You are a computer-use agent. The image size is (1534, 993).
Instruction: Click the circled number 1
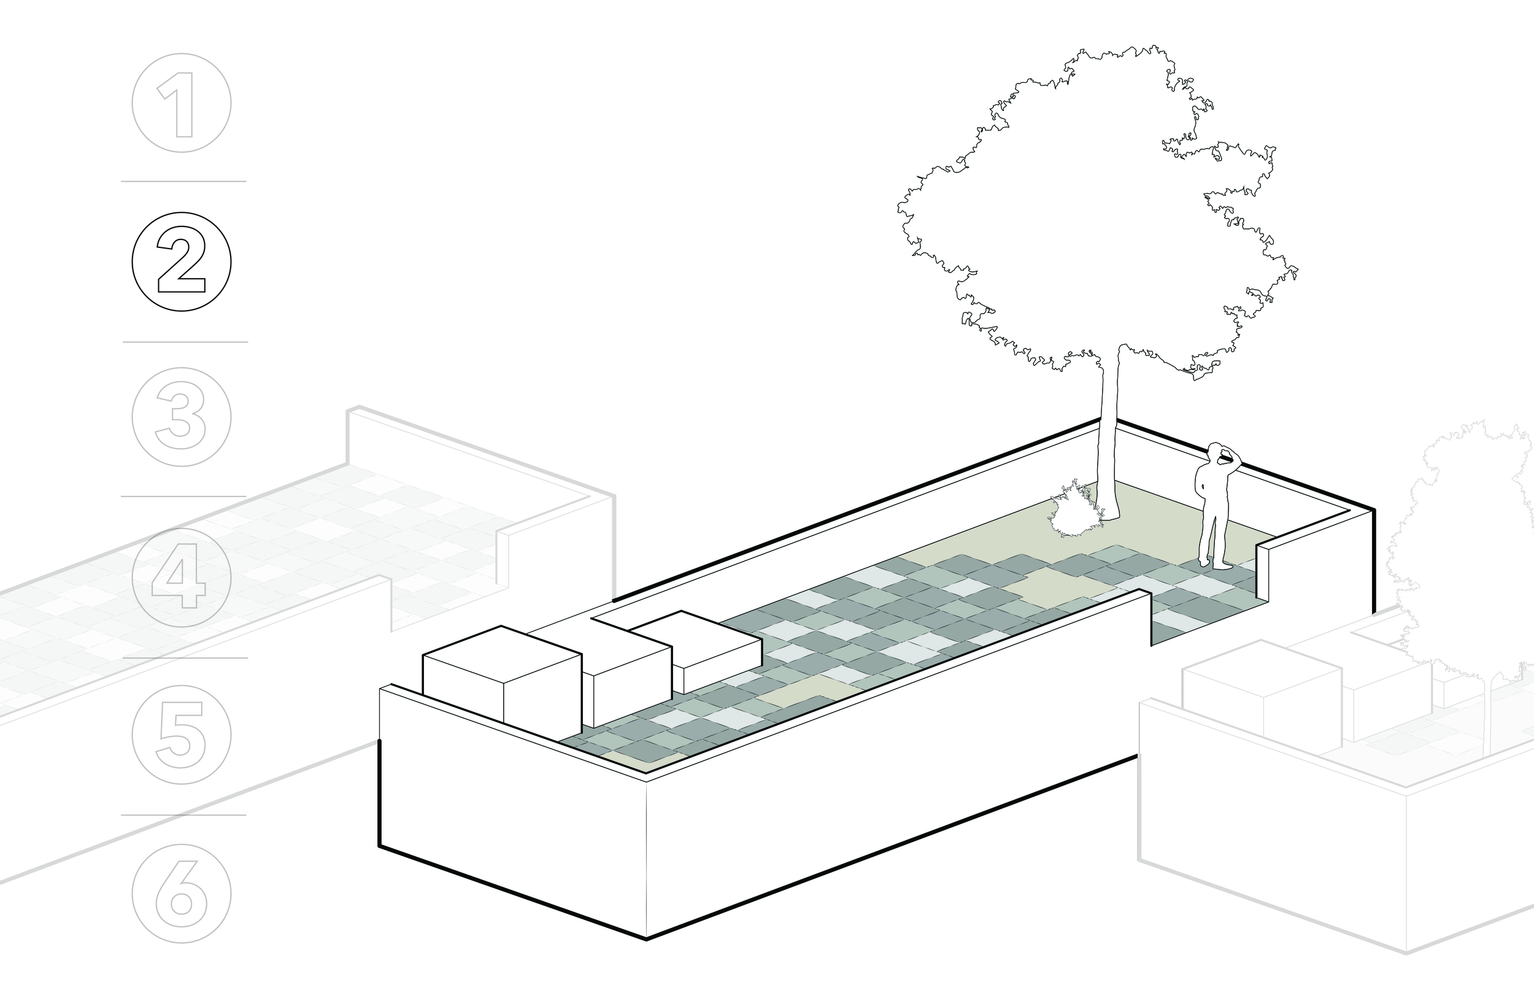[181, 103]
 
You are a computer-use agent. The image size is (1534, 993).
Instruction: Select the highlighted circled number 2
[181, 262]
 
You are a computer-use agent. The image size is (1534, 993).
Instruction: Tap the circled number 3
[181, 417]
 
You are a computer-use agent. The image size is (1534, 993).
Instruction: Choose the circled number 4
[181, 577]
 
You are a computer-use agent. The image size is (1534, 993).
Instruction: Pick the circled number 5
[181, 735]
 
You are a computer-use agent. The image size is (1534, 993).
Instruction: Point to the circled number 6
[181, 894]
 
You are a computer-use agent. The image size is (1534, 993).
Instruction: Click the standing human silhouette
[1212, 509]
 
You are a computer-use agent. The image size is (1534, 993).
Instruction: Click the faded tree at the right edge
[1476, 548]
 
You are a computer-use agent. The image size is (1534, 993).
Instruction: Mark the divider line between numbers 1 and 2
[183, 182]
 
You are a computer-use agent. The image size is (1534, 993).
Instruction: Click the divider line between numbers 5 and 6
[183, 815]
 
